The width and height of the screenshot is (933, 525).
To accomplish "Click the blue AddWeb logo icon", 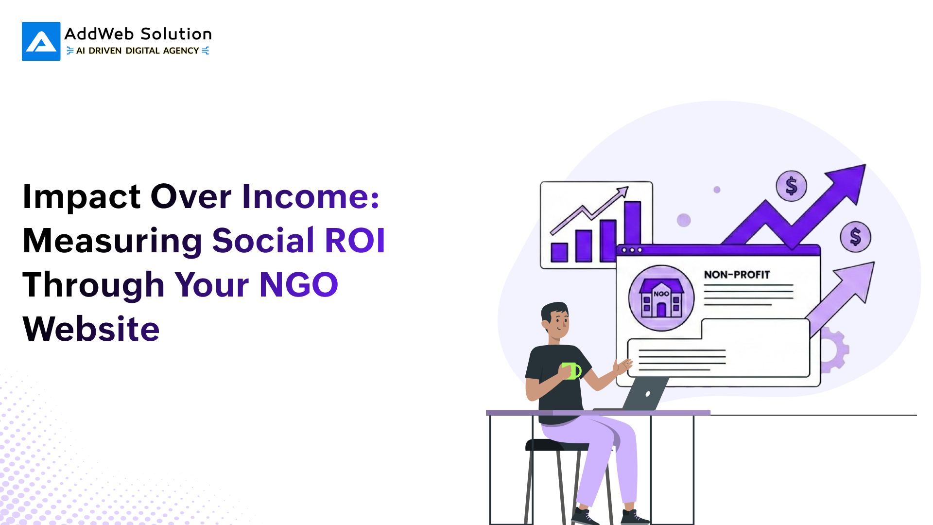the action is [41, 41].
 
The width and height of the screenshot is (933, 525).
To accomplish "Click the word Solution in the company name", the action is [176, 34].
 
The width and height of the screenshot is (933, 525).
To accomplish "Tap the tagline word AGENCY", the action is [181, 51].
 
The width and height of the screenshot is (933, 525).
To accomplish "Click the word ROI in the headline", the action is [355, 240].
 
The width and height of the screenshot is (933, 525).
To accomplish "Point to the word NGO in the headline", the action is [299, 284].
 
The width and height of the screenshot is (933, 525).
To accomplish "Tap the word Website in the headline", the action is [91, 329].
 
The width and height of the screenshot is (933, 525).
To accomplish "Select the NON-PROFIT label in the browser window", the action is [737, 275].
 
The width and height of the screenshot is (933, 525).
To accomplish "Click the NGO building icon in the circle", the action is [661, 297].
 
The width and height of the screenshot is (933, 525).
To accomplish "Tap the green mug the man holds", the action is [571, 371].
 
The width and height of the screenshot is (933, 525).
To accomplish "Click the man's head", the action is [555, 321].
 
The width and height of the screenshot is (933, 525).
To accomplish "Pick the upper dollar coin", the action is [792, 186].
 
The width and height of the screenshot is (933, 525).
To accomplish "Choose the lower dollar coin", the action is [855, 237].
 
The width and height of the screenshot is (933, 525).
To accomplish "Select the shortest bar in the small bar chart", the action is [559, 252].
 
